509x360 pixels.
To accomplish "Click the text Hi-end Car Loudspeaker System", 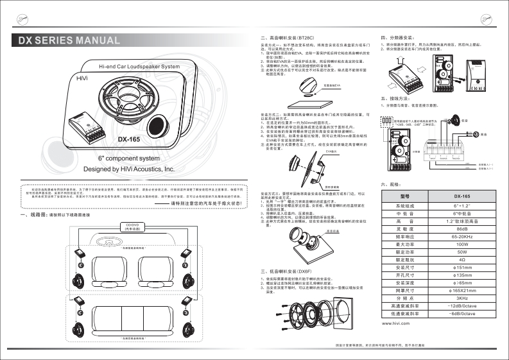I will tap(139, 67).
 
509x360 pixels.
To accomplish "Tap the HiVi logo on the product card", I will tap(78, 78).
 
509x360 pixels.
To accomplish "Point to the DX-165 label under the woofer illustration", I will tap(128, 138).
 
